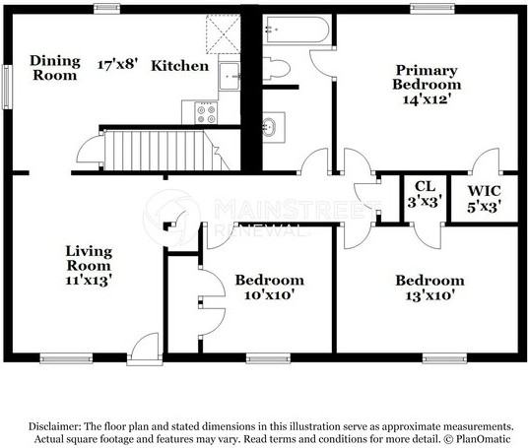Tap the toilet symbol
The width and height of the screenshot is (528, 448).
pos(276,69)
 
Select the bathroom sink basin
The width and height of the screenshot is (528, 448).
pos(270,127)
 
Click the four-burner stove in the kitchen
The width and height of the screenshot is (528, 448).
pos(206,113)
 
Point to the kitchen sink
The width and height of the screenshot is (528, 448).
pos(230,77)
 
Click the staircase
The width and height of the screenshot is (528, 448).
pos(166,151)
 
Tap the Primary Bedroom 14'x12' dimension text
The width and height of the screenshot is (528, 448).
pos(427,99)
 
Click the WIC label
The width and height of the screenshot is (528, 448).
pos(484,191)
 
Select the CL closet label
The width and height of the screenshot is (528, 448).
pos(425,186)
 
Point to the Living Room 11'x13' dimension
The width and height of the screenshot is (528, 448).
pos(89,280)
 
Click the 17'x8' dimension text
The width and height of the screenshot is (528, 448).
pos(118,64)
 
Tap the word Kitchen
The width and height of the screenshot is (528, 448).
pos(180,66)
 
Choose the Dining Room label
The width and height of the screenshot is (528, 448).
pos(55,68)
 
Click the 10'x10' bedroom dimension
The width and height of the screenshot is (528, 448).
pos(270,295)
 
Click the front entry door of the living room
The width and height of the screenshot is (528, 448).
pos(145,349)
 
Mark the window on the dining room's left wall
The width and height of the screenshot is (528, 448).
pos(7,87)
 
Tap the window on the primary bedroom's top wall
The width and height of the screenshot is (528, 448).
pos(432,9)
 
